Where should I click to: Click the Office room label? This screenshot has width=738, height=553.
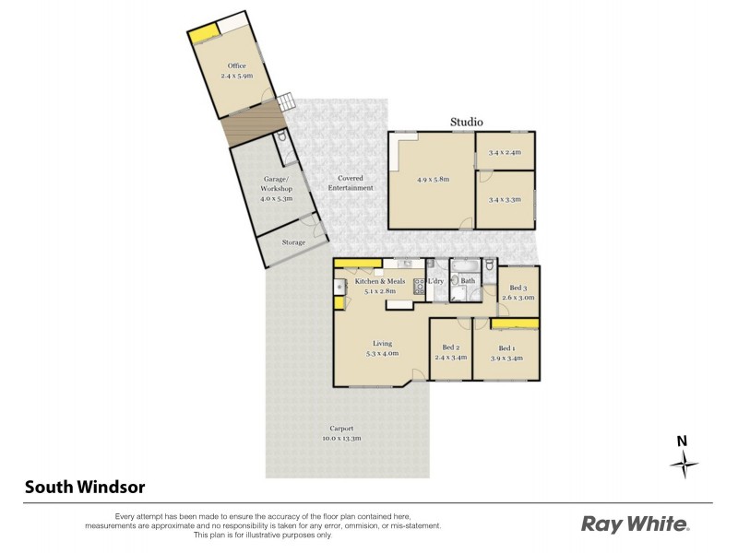click(x=236, y=65)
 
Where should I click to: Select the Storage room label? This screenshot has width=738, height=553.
click(x=293, y=242)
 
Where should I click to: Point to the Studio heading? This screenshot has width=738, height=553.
click(x=466, y=122)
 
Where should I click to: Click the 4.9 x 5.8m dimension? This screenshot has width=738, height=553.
click(x=433, y=179)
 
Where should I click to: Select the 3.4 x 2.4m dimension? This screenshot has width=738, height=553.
click(x=506, y=152)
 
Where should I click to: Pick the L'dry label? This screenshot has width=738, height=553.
click(x=436, y=281)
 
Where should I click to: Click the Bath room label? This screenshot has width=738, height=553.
click(x=468, y=281)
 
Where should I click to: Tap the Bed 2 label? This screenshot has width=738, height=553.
click(x=451, y=347)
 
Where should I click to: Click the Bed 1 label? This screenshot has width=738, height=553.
click(x=506, y=347)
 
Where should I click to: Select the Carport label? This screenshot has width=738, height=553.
click(x=342, y=428)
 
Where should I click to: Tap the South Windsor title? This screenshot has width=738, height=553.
click(x=84, y=486)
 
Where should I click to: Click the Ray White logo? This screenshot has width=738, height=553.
click(x=635, y=524)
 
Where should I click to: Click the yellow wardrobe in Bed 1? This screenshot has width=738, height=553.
click(x=515, y=324)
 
